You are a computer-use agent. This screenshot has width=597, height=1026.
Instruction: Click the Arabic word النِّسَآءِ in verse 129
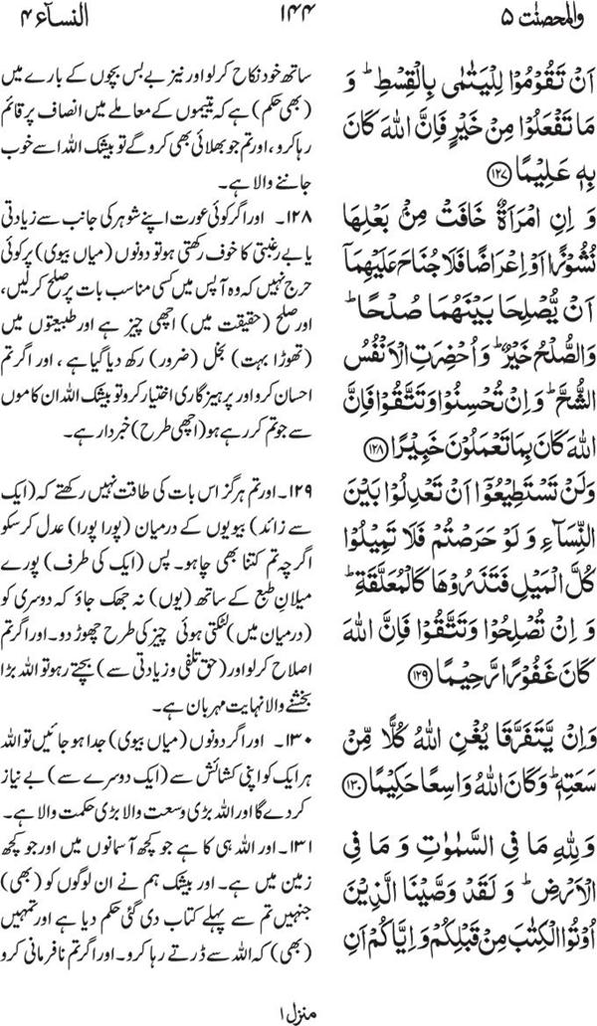click(553, 584)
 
